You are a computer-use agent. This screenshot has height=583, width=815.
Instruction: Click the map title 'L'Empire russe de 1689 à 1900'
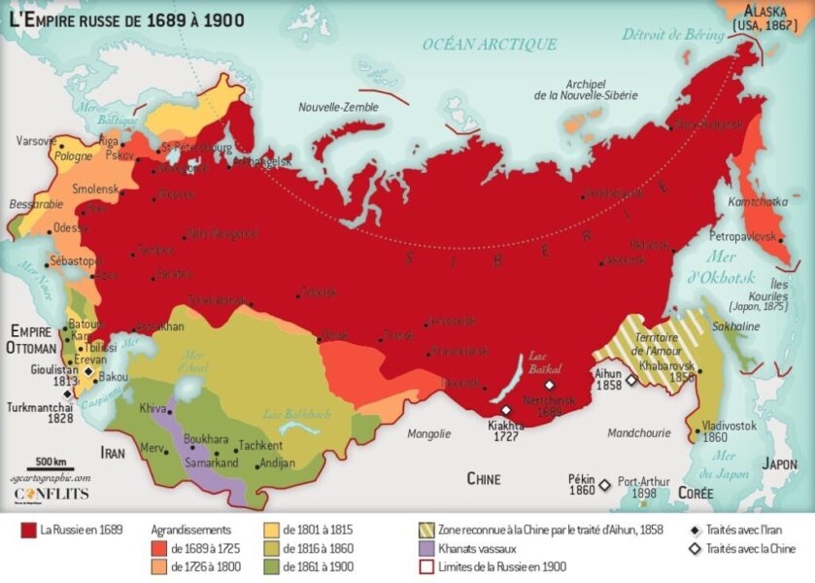click(x=127, y=18)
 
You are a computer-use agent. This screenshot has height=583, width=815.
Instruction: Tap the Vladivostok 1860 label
click(x=729, y=430)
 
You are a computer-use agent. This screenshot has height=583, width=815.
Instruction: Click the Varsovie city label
click(x=38, y=141)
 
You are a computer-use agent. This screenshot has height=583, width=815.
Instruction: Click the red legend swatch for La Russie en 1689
click(x=28, y=530)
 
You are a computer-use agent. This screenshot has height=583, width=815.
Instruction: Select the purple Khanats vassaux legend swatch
click(x=424, y=548)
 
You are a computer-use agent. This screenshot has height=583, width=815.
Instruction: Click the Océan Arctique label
click(x=490, y=44)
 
